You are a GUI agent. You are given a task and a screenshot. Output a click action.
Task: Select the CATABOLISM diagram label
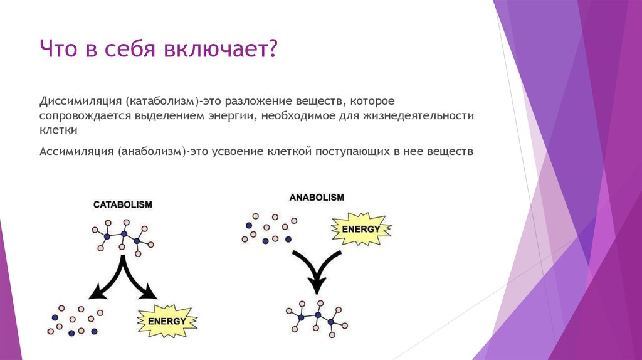tap(123, 205)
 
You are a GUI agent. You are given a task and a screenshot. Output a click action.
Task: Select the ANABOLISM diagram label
tap(317, 197)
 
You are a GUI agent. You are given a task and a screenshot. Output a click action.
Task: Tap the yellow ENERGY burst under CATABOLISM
tap(167, 321)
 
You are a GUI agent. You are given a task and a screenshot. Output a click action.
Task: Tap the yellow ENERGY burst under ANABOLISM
tap(360, 229)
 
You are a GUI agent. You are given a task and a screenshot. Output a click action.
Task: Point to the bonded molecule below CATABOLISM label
tap(123, 236)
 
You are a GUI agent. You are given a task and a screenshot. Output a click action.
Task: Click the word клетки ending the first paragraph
tap(58, 130)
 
